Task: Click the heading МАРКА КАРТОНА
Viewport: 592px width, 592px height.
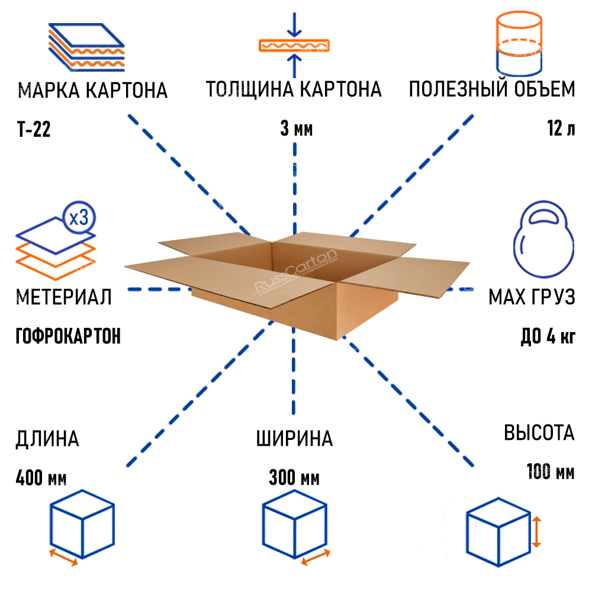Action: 93,91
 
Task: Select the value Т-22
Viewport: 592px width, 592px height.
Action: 34,128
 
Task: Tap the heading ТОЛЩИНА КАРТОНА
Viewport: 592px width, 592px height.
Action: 294,90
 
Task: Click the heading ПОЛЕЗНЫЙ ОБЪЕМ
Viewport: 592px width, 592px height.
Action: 491,90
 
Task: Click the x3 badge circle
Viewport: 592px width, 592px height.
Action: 78,218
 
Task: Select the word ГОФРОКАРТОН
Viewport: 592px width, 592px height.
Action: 68,336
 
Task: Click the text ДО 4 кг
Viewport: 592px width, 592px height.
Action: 547,336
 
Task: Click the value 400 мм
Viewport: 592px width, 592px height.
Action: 41,477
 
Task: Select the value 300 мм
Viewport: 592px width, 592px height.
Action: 294,477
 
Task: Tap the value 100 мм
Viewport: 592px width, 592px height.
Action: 550,472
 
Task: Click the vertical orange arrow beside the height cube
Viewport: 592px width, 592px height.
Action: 536,531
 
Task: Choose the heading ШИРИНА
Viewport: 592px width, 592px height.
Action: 294,439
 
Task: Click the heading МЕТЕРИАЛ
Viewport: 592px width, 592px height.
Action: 64,296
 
